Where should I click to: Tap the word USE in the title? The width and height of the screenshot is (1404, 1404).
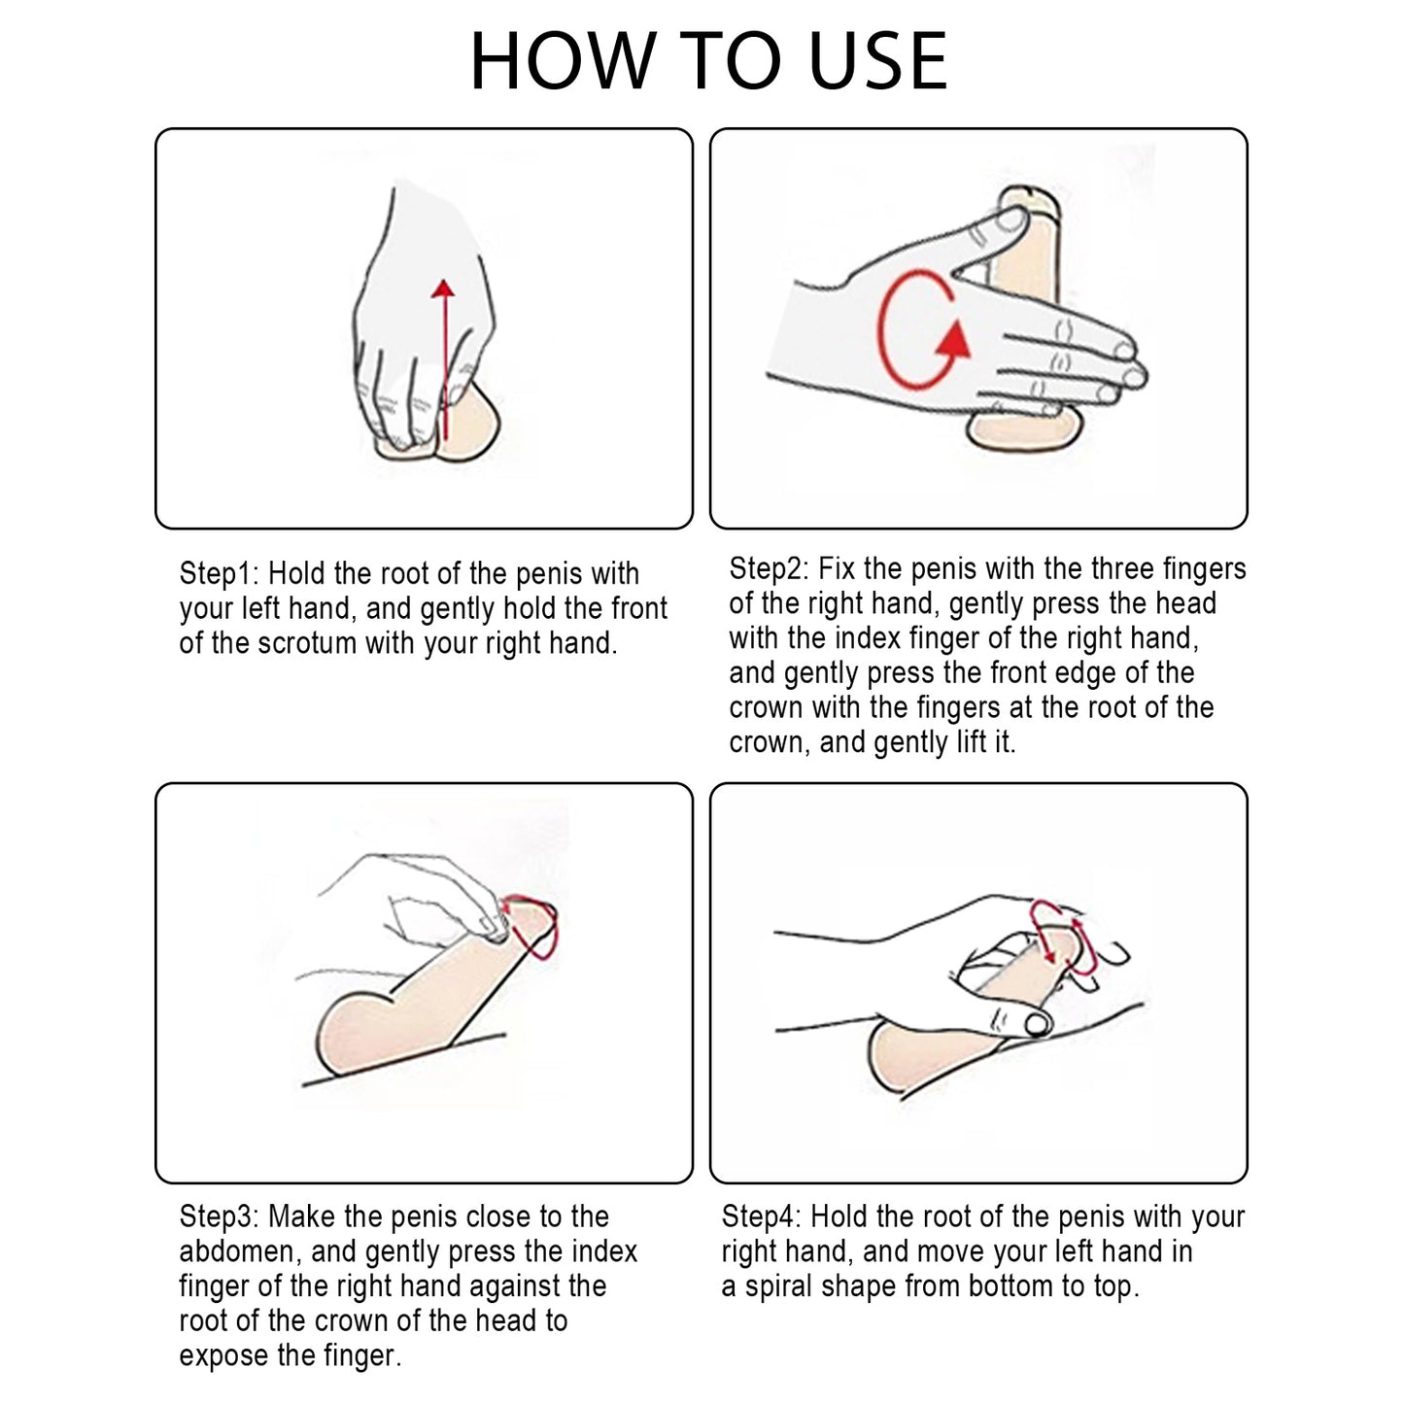(877, 61)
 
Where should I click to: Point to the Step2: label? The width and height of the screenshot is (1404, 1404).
(769, 569)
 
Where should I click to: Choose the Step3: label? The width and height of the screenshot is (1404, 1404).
(220, 1216)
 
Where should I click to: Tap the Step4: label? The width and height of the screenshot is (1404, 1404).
(762, 1216)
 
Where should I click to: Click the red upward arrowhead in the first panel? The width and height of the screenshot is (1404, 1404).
(442, 290)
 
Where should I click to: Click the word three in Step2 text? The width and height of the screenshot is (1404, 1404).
(1120, 568)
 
